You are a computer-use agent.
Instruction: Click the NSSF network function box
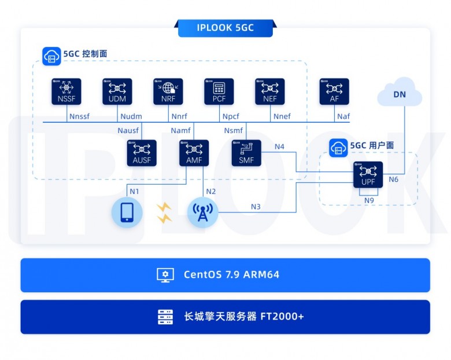tap(66, 91)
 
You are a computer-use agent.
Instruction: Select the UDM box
tap(117, 91)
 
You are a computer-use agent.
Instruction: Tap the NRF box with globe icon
tap(168, 91)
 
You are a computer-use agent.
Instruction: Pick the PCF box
tap(219, 91)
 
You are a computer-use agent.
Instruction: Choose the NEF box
tap(270, 91)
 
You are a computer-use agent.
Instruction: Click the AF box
tap(334, 91)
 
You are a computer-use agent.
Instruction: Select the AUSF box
tap(142, 153)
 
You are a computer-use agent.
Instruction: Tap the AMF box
tap(194, 153)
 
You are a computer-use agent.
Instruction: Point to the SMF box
tap(246, 153)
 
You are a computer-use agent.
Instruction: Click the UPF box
tap(368, 174)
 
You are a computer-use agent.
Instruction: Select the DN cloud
tap(400, 94)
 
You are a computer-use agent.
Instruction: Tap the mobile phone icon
tap(127, 212)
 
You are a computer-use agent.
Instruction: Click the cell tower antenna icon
tap(202, 212)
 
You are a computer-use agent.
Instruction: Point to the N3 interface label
tap(256, 207)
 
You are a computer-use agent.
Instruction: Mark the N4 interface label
tap(279, 146)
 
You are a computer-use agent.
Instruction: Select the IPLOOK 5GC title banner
tap(225, 28)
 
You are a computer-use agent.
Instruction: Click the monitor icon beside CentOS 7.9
tap(165, 275)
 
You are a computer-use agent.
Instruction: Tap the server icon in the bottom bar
tap(165, 317)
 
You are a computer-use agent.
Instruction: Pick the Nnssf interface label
tap(79, 117)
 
